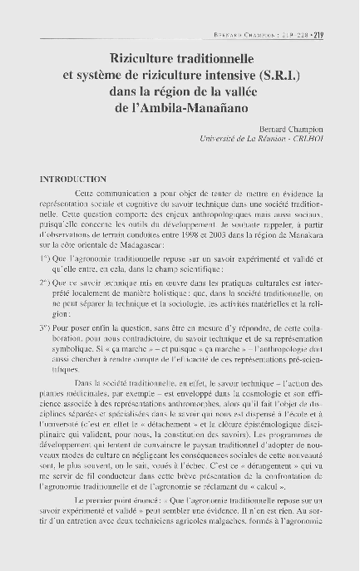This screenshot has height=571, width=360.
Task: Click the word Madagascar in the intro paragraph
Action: pos(146,247)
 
